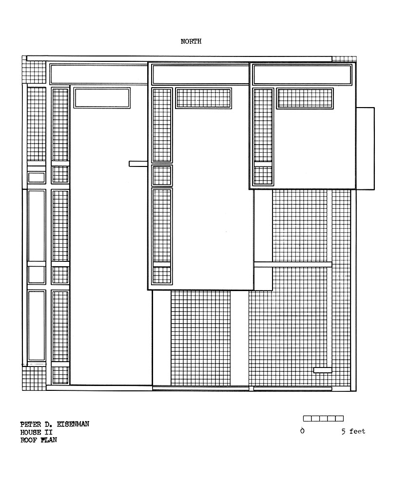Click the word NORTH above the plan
click(x=191, y=41)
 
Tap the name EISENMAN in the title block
click(x=73, y=424)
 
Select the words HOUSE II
click(x=36, y=432)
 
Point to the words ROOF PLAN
click(x=39, y=440)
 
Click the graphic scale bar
click(x=323, y=419)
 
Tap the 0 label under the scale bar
click(x=302, y=431)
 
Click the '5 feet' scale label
click(x=353, y=431)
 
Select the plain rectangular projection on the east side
click(x=365, y=148)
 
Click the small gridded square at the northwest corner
click(x=34, y=72)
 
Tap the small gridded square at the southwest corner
click(x=34, y=378)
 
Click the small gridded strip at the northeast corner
click(x=344, y=59)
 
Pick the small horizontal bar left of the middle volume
click(x=138, y=164)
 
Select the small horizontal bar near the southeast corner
click(x=323, y=370)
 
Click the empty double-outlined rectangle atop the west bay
click(x=102, y=98)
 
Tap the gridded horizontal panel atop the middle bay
click(x=204, y=98)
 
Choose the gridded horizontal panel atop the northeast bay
click(x=305, y=98)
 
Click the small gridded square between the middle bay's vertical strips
click(x=162, y=176)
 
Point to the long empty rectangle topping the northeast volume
click(x=302, y=75)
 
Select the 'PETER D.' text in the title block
click(x=36, y=424)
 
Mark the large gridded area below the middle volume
click(x=200, y=338)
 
